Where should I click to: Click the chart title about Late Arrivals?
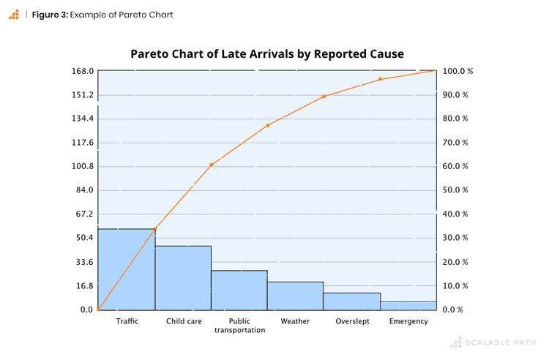point(267,54)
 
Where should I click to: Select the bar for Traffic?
point(127,269)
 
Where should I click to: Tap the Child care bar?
point(183,278)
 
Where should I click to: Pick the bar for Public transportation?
point(239,290)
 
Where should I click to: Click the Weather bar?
point(295,296)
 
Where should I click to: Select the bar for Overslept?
point(351,301)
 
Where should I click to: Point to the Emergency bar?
point(408,306)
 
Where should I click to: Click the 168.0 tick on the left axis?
point(83,71)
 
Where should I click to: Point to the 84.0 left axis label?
point(84,190)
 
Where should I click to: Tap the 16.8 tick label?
point(84,286)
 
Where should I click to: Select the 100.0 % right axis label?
point(458,71)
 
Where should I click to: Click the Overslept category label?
point(352,321)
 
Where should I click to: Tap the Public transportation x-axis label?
point(239,326)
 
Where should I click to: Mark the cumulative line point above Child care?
point(212,165)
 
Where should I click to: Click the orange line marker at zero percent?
point(99,310)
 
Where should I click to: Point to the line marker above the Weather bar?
point(324,97)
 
